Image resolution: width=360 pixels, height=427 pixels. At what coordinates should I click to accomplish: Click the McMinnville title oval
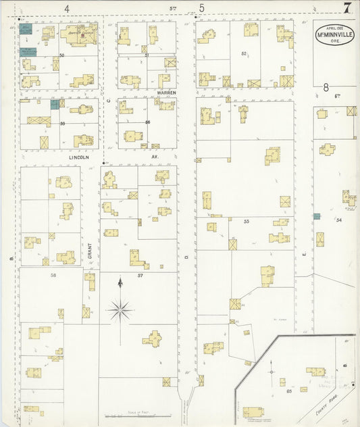tap(334, 34)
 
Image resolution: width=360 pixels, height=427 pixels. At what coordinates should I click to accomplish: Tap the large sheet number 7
tap(347, 8)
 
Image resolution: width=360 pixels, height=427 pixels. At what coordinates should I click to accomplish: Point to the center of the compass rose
tap(120, 310)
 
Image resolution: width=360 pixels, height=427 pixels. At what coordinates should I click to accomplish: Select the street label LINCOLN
tap(79, 156)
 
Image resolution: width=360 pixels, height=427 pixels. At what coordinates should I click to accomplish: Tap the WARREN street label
tap(166, 91)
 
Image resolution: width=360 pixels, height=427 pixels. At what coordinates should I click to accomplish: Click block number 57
tap(140, 276)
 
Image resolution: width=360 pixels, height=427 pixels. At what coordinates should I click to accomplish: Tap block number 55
tap(247, 222)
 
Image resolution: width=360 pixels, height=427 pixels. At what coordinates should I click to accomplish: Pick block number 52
tap(244, 53)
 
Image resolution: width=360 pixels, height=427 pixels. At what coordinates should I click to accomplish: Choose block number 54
tap(339, 220)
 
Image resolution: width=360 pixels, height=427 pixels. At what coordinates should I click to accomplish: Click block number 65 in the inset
tap(289, 391)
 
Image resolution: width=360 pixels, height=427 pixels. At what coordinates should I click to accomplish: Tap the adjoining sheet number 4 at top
tap(67, 8)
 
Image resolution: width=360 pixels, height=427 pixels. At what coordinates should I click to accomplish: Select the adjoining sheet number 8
tap(326, 87)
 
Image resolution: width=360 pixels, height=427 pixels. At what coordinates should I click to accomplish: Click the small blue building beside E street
tap(316, 216)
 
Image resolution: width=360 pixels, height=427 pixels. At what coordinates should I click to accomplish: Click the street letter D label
tap(186, 257)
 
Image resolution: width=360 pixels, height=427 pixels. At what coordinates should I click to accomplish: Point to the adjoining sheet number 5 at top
tap(201, 8)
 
